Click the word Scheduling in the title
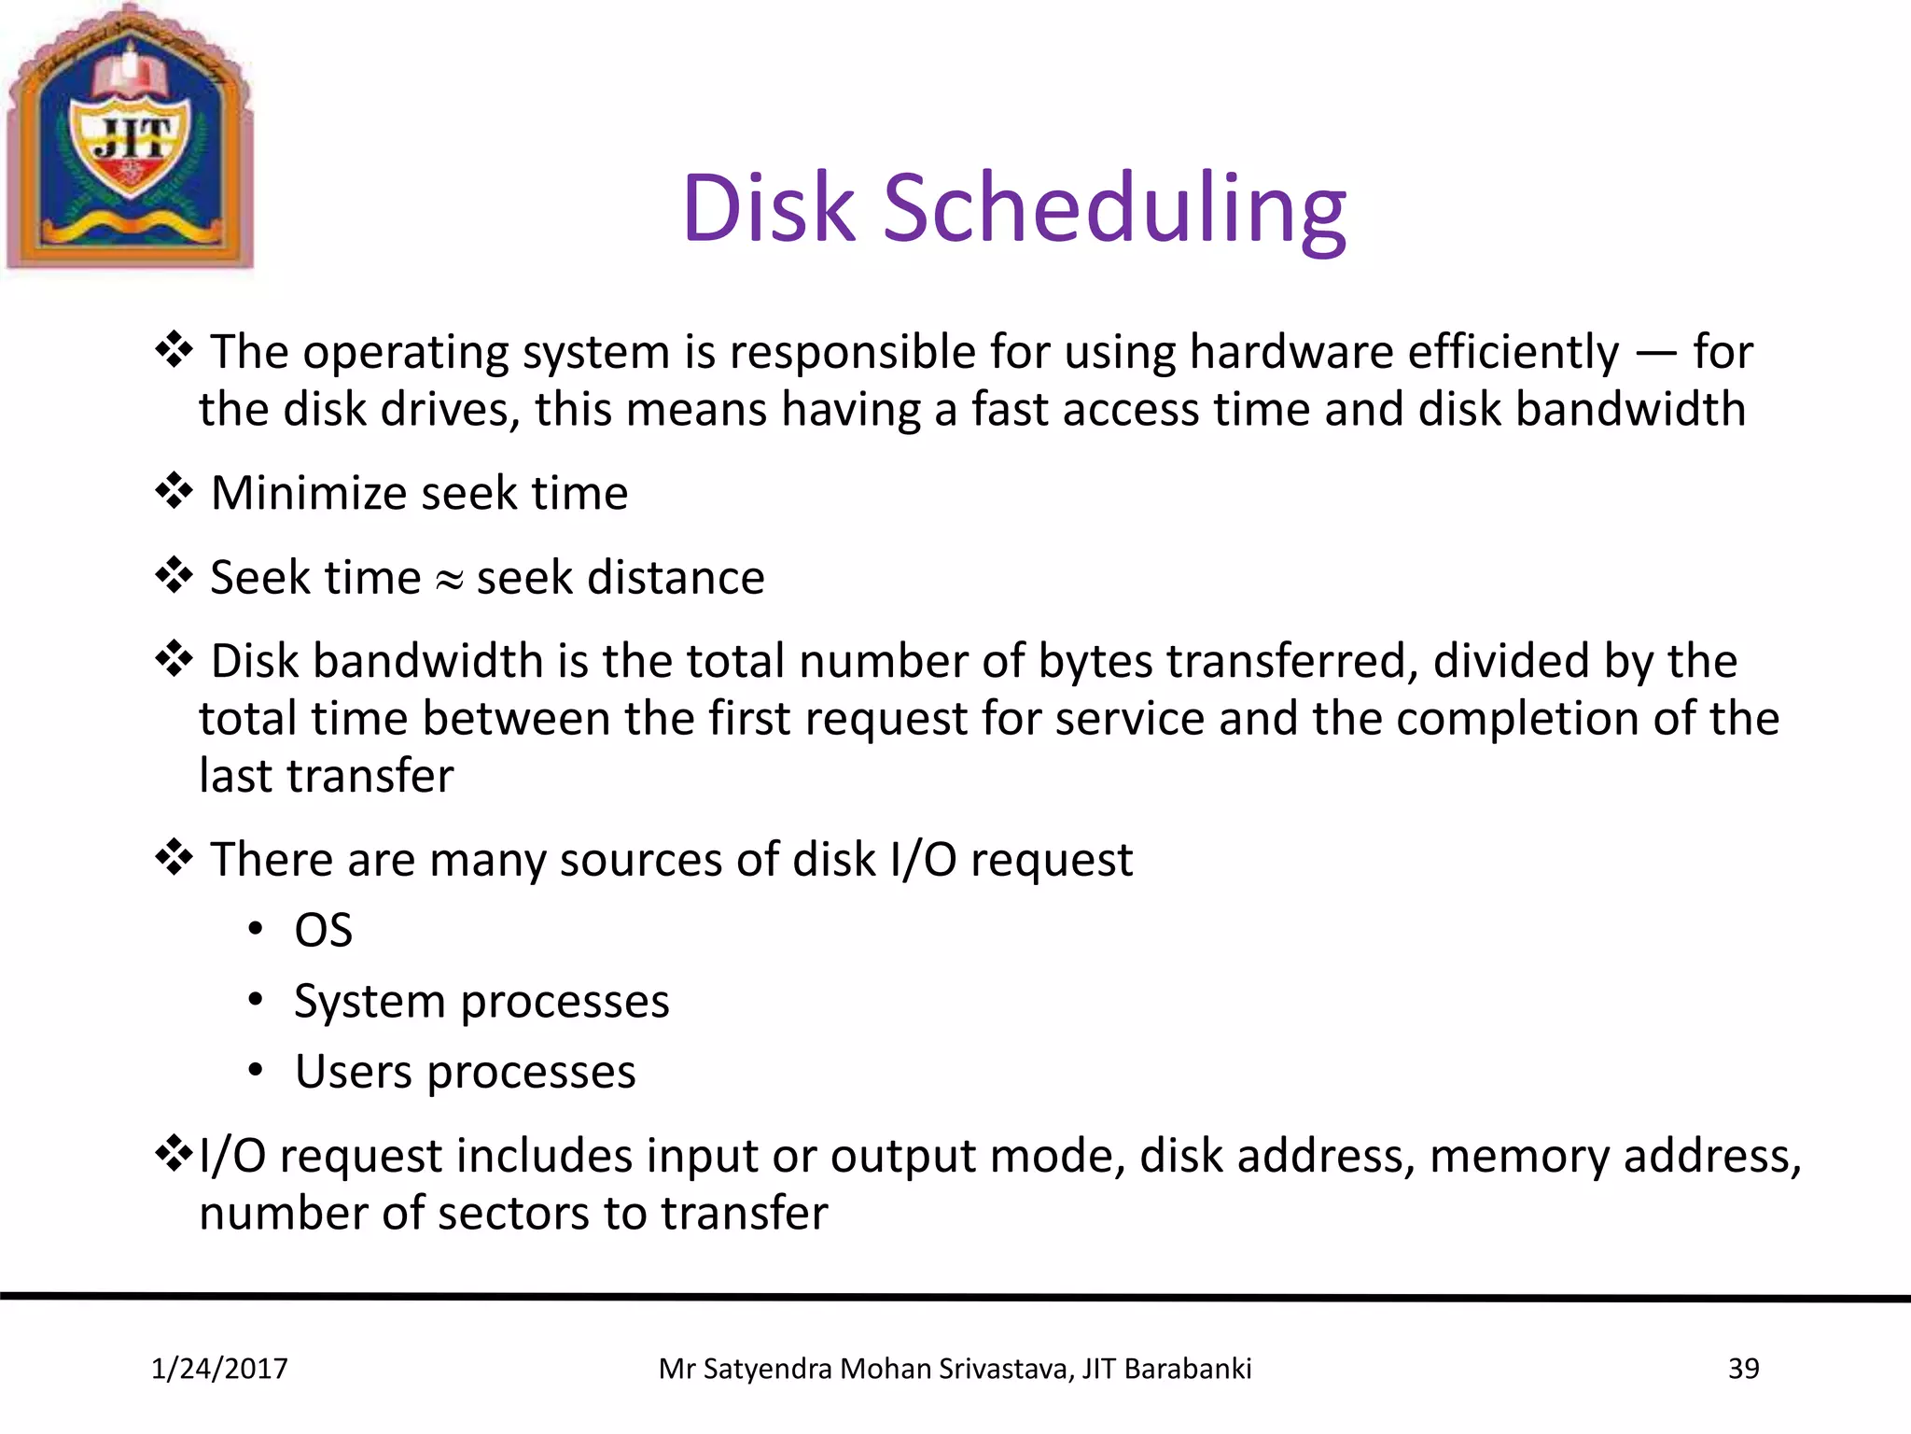(x=1115, y=210)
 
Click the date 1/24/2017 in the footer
(x=219, y=1369)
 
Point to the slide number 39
(x=1743, y=1369)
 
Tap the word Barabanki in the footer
(x=1188, y=1369)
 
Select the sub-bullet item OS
(x=323, y=931)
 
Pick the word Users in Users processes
(x=353, y=1072)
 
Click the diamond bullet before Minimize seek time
(x=174, y=490)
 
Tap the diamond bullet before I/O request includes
(x=174, y=1154)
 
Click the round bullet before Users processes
(x=256, y=1070)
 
